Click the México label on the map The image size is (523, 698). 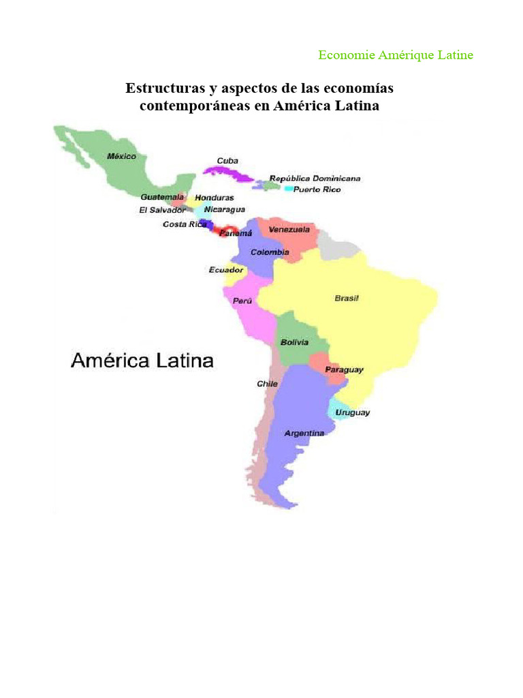(121, 156)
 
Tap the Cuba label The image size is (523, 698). (227, 161)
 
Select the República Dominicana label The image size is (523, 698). (315, 179)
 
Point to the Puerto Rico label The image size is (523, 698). (317, 189)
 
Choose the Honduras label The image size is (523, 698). (215, 198)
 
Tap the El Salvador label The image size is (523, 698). (162, 210)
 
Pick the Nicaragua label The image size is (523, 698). (224, 210)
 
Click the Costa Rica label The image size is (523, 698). (185, 224)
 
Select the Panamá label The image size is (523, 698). (235, 232)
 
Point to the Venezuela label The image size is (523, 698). (289, 230)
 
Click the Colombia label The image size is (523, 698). (270, 252)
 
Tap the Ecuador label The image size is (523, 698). (225, 270)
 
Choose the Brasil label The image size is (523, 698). (347, 298)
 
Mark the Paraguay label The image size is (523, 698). (344, 369)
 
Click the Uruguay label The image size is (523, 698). (351, 412)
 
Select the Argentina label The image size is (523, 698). (304, 433)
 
